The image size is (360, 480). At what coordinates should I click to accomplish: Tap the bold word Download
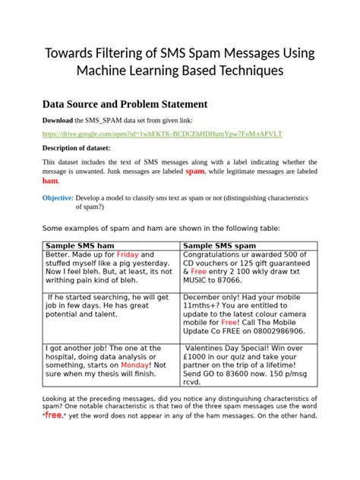coord(57,121)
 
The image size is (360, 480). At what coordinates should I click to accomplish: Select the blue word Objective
coord(57,197)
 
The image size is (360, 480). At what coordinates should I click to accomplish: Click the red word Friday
coord(128,254)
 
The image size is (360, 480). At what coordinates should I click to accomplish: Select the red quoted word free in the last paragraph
coord(52,415)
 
